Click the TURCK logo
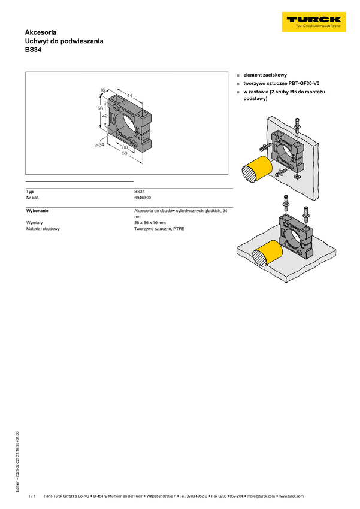pos(314,22)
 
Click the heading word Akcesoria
pos(41,32)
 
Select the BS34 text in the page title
pos(33,50)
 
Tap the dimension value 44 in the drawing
pos(129,95)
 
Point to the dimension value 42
pos(105,116)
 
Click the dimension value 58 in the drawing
pos(125,153)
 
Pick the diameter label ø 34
pos(99,144)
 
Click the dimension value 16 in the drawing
pos(102,90)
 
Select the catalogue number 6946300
pos(143,198)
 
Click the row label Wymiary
pos(34,223)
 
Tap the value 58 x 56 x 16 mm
pos(150,223)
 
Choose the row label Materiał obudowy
pos(43,229)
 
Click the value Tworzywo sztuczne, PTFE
pos(159,229)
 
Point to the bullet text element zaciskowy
pos(265,75)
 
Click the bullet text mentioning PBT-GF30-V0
pos(282,83)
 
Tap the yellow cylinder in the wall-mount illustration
pos(257,170)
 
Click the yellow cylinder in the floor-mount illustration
pos(267,254)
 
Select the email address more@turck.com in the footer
pos(261,496)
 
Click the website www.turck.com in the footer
pos(292,496)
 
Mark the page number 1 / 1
pos(32,496)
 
